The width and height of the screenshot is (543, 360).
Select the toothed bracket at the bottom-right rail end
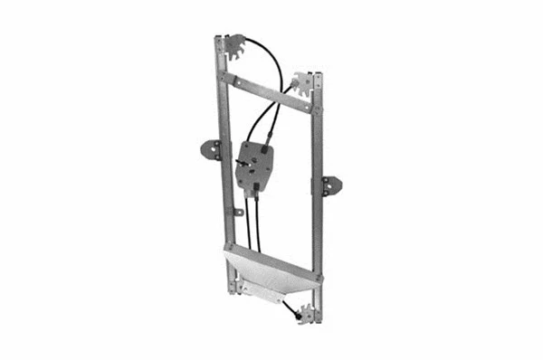click(x=310, y=314)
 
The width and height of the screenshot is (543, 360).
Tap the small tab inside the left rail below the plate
click(x=237, y=212)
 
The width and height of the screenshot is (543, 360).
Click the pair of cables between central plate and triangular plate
click(x=252, y=222)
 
